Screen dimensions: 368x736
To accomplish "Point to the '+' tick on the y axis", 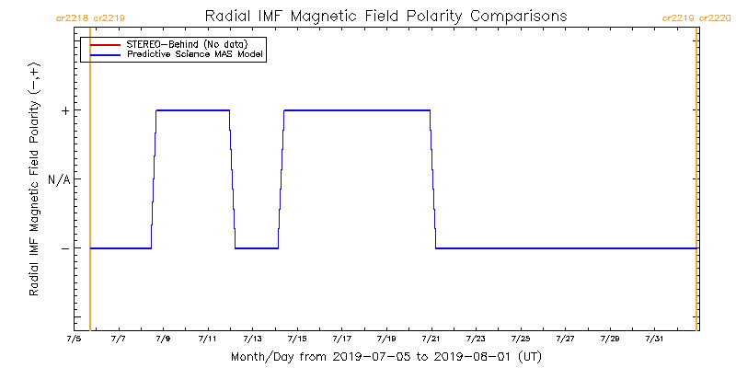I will (65, 110).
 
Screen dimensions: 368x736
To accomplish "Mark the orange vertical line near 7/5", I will (90, 184).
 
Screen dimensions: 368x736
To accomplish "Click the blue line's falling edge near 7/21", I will (432, 179).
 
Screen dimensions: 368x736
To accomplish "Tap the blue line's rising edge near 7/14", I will (282, 179).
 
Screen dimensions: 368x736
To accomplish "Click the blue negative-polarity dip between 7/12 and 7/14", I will (257, 248).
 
